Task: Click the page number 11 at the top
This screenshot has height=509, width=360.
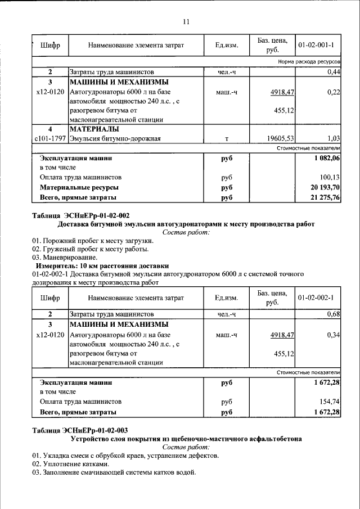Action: point(186,22)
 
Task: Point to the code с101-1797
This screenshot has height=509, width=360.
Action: point(50,138)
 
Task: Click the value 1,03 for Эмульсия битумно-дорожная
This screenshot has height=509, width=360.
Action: point(334,138)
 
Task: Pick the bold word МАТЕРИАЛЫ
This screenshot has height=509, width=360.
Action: point(94,129)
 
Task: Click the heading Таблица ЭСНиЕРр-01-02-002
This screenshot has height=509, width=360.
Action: point(81,215)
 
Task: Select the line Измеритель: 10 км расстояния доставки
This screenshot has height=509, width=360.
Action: point(101,265)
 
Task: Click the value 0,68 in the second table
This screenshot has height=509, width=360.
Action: point(334,314)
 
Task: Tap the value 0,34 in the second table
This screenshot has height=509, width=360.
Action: point(334,335)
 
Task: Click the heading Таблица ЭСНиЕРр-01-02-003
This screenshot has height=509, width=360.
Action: point(81,430)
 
